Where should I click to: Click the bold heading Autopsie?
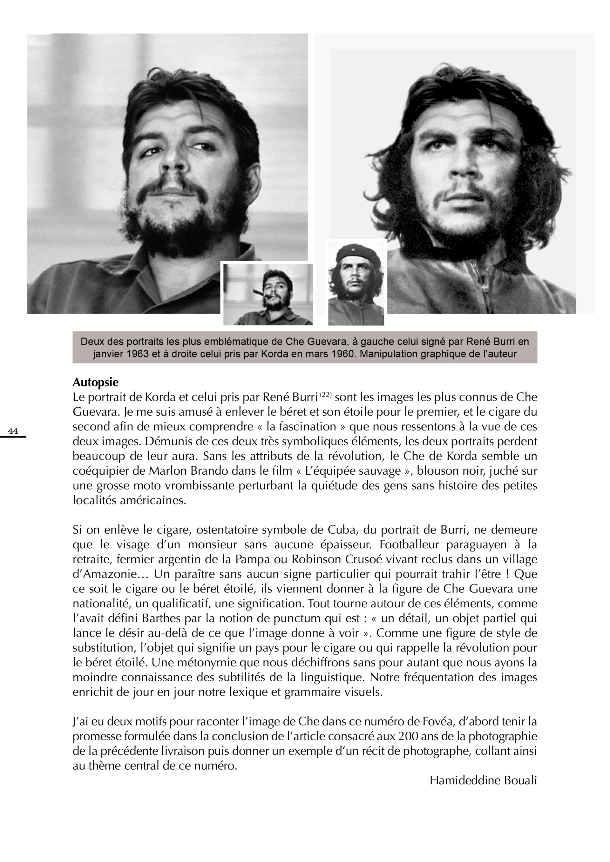coord(95,383)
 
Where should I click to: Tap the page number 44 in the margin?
coord(13,431)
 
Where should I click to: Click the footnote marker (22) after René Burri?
coord(325,395)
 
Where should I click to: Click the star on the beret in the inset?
coord(354,249)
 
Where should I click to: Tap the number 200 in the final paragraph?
coord(408,736)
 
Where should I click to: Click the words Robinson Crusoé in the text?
coord(336,559)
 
